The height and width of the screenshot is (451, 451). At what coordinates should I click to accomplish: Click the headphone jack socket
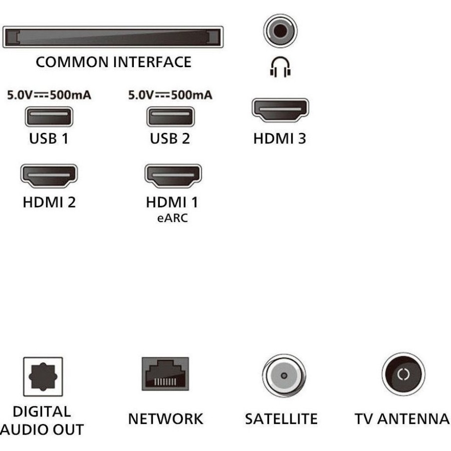click(280, 31)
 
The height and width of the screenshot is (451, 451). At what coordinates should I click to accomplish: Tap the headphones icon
click(280, 68)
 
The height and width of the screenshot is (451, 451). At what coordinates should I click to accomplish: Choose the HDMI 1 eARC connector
click(172, 176)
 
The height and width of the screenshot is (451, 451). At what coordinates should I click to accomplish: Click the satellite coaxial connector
click(284, 375)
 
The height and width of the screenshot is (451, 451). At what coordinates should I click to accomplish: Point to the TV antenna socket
click(403, 374)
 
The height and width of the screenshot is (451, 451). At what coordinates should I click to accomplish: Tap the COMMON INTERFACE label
click(113, 62)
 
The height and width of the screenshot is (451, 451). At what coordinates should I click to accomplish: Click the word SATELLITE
click(281, 419)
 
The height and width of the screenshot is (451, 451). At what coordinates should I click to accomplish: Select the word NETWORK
click(166, 419)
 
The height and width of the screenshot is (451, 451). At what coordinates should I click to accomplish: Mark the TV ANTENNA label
click(402, 419)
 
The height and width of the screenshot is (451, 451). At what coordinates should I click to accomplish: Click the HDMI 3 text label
click(280, 139)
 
